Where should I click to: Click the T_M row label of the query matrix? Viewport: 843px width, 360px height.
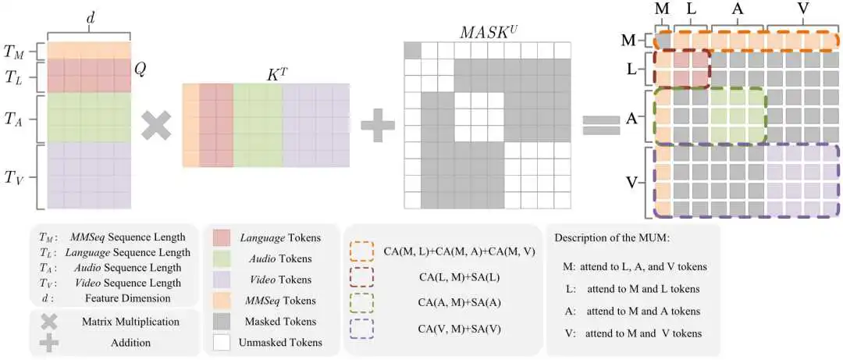[14, 52]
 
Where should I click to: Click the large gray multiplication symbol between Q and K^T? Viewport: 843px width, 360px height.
[156, 125]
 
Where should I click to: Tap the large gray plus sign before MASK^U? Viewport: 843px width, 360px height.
[377, 125]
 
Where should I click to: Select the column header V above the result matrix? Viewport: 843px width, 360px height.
[802, 9]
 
